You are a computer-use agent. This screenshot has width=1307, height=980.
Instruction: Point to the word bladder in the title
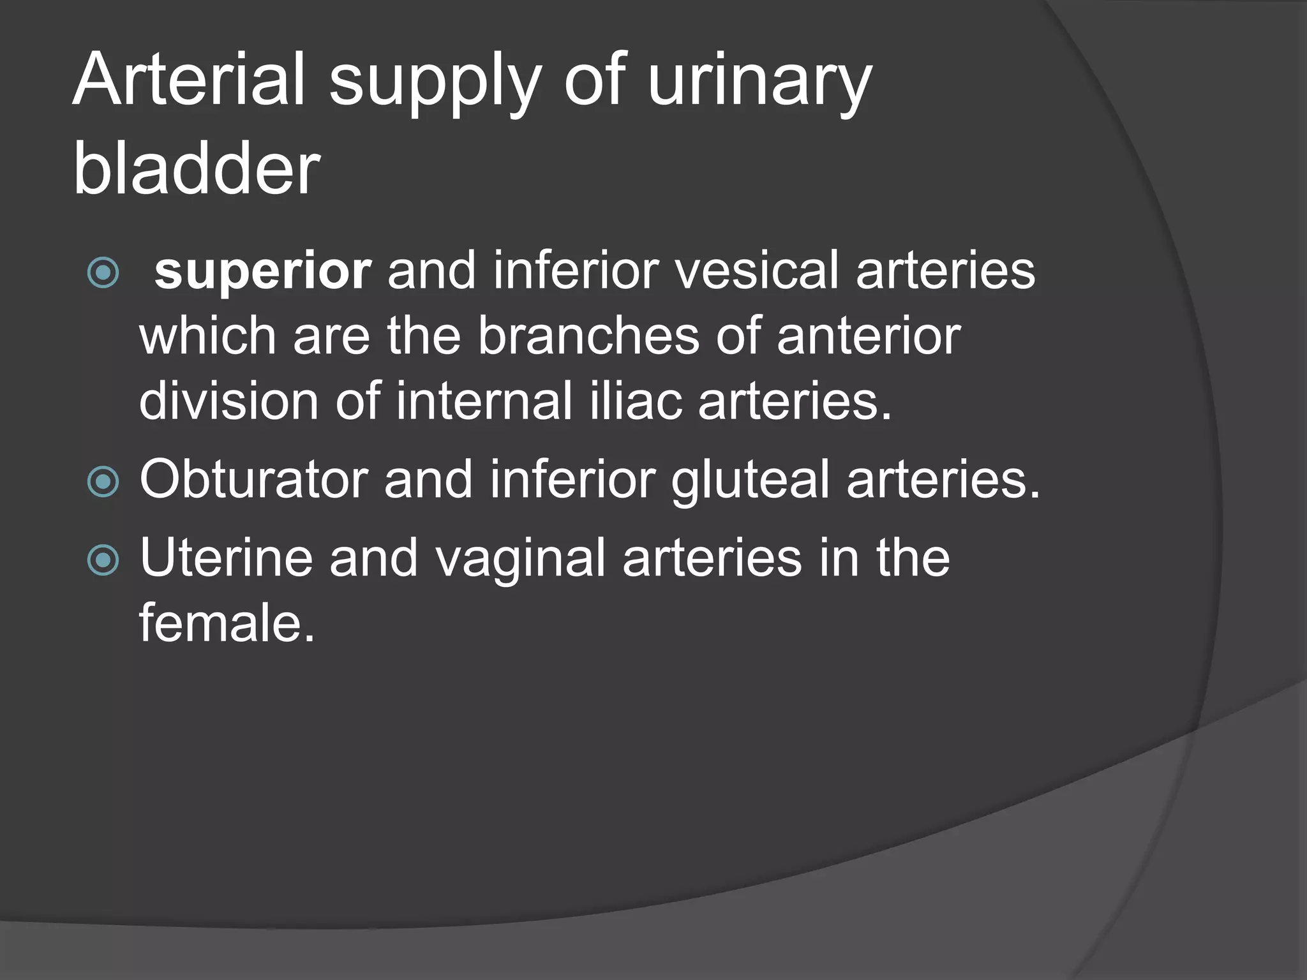(197, 168)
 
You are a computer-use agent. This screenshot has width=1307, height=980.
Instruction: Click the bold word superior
(262, 272)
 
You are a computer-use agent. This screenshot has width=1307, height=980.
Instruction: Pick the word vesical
(756, 271)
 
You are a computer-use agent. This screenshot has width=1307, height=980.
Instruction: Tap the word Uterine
(226, 558)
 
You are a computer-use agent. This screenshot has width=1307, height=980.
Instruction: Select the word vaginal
(520, 559)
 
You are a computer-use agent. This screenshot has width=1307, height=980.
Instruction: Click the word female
(227, 623)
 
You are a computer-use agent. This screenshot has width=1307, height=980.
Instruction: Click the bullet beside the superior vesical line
(103, 273)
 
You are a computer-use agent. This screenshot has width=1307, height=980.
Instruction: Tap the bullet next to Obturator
(103, 481)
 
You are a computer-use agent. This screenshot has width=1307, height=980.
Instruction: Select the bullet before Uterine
(103, 560)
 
